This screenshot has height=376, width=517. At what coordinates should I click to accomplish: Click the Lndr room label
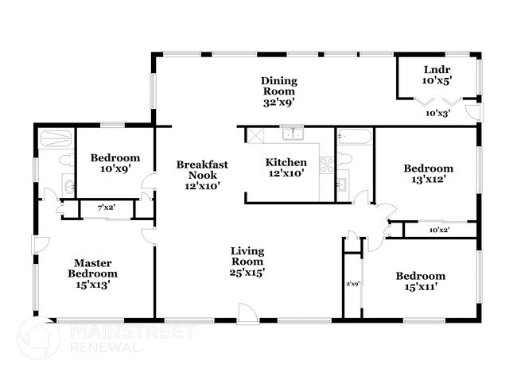pyautogui.click(x=437, y=70)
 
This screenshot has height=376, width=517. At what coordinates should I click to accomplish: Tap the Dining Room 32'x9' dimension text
pyautogui.click(x=278, y=103)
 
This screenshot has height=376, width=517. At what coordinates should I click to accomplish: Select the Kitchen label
pyautogui.click(x=286, y=162)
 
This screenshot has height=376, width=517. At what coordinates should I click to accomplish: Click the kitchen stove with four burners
pyautogui.click(x=327, y=165)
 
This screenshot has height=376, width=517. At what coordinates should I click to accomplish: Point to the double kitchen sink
pyautogui.click(x=293, y=134)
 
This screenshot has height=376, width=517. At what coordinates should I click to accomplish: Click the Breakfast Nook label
pyautogui.click(x=202, y=169)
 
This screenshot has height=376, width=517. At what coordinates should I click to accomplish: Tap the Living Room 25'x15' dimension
pyautogui.click(x=247, y=273)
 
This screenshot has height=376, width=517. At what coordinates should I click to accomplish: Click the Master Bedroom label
pyautogui.click(x=92, y=268)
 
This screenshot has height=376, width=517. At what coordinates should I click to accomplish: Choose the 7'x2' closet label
pyautogui.click(x=106, y=208)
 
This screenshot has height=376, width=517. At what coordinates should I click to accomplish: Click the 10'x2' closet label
pyautogui.click(x=440, y=230)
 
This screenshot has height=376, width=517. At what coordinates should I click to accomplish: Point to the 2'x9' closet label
pyautogui.click(x=352, y=284)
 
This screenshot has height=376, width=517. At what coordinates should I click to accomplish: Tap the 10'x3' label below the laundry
pyautogui.click(x=438, y=114)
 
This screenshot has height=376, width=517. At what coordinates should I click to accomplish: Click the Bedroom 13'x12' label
pyautogui.click(x=428, y=173)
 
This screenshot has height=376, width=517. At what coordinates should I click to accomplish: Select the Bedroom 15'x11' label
pyautogui.click(x=421, y=281)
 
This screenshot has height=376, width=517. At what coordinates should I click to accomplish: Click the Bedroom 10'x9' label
pyautogui.click(x=115, y=163)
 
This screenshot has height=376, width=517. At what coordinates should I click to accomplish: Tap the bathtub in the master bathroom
pyautogui.click(x=55, y=138)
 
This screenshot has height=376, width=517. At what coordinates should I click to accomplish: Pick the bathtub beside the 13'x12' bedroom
pyautogui.click(x=355, y=136)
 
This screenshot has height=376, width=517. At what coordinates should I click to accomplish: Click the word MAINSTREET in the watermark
pyautogui.click(x=133, y=331)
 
